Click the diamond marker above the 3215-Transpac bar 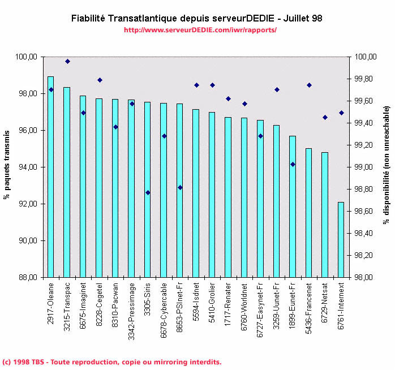pos(67,61)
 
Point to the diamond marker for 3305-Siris pos(148,192)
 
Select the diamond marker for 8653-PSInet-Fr pos(180,187)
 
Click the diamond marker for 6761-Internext pos(341,113)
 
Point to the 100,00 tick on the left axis pos(27,57)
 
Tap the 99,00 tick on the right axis pos(363,167)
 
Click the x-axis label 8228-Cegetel pos(100,306)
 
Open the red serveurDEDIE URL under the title pos(200,29)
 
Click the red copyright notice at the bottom pos(111,362)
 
